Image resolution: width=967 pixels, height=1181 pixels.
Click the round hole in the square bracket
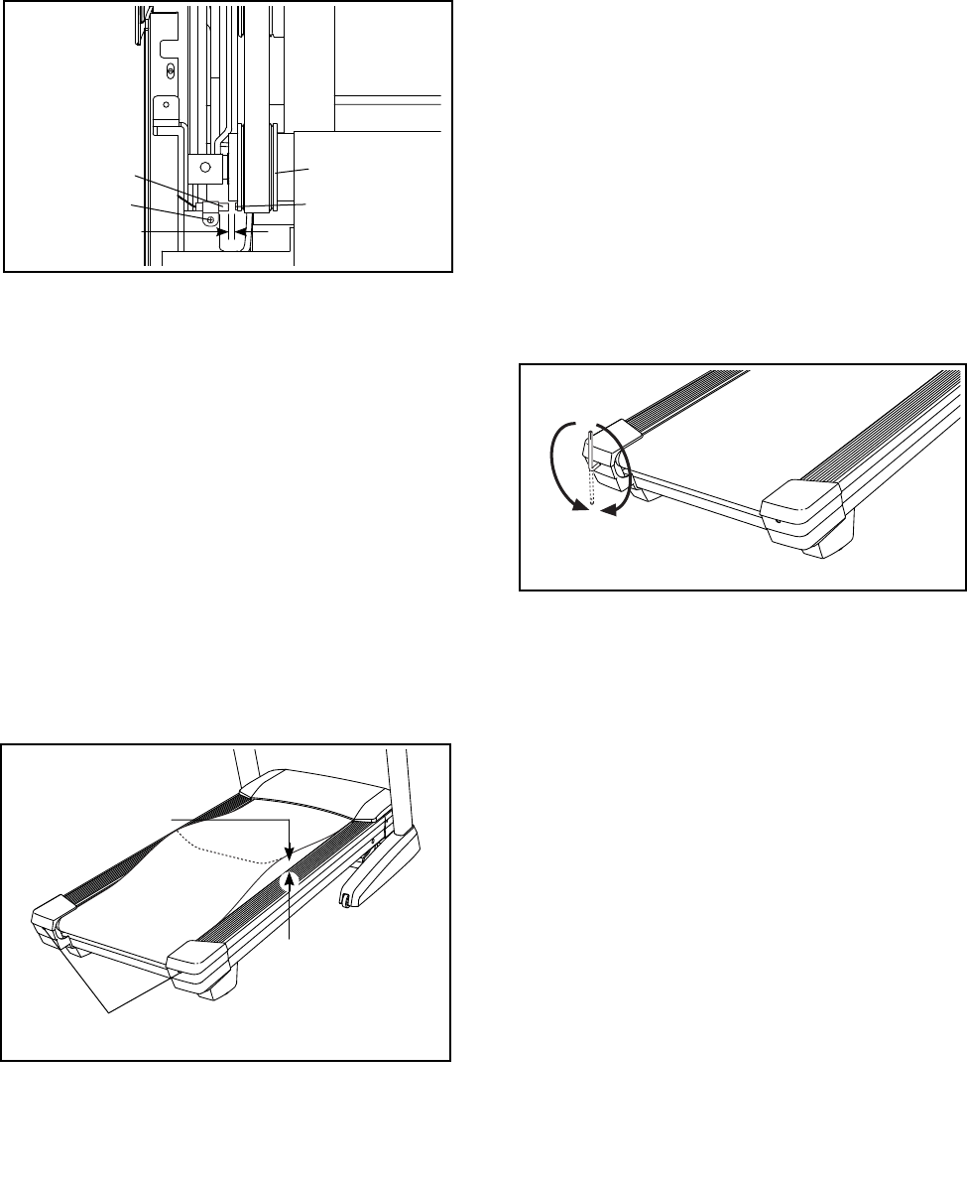pyautogui.click(x=205, y=167)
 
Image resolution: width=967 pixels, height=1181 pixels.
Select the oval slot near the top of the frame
pyautogui.click(x=172, y=71)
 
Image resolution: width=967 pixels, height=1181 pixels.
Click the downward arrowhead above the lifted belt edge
pyautogui.click(x=288, y=851)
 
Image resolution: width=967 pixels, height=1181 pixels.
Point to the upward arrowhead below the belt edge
pyautogui.click(x=291, y=878)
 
